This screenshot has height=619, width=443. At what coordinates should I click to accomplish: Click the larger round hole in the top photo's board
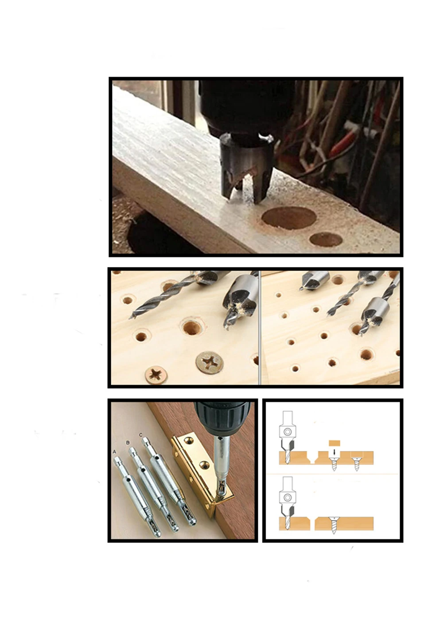coord(289,218)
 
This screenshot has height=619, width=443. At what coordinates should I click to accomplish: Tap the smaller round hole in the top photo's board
coord(326,239)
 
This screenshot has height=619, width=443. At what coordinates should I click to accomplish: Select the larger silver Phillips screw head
coord(210,363)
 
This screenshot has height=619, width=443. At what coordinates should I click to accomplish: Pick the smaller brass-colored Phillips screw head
coord(156,375)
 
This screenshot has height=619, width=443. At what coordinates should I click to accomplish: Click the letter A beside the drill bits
coord(114,451)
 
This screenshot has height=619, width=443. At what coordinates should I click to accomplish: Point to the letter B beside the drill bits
coord(128,443)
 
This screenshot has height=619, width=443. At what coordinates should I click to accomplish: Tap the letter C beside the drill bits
coord(140,435)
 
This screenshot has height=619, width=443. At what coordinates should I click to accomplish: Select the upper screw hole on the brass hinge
coord(190,440)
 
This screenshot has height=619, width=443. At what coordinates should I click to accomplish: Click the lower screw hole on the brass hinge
coord(204,465)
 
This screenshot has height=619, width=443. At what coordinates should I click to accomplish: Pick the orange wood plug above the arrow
coord(334,442)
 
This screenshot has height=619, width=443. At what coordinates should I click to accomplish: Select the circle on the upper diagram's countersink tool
coord(288,431)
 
